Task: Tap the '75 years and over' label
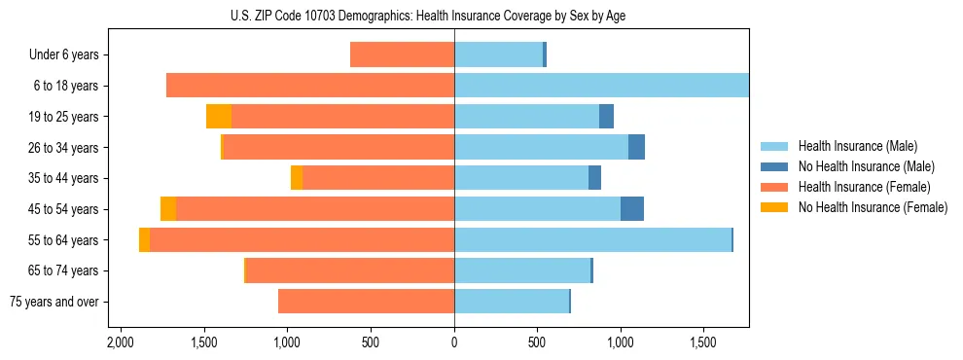[x=53, y=302]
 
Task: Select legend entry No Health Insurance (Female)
[x=873, y=207]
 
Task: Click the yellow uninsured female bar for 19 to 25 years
[x=219, y=117]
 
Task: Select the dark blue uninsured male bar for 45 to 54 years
[x=632, y=209]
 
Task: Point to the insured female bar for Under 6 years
[x=402, y=55]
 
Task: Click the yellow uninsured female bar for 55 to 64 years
[x=144, y=240]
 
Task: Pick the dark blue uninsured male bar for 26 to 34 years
[x=636, y=148]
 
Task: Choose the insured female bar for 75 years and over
[x=366, y=302]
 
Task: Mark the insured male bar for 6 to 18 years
[x=601, y=86]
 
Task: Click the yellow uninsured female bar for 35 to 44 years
[x=297, y=178]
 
